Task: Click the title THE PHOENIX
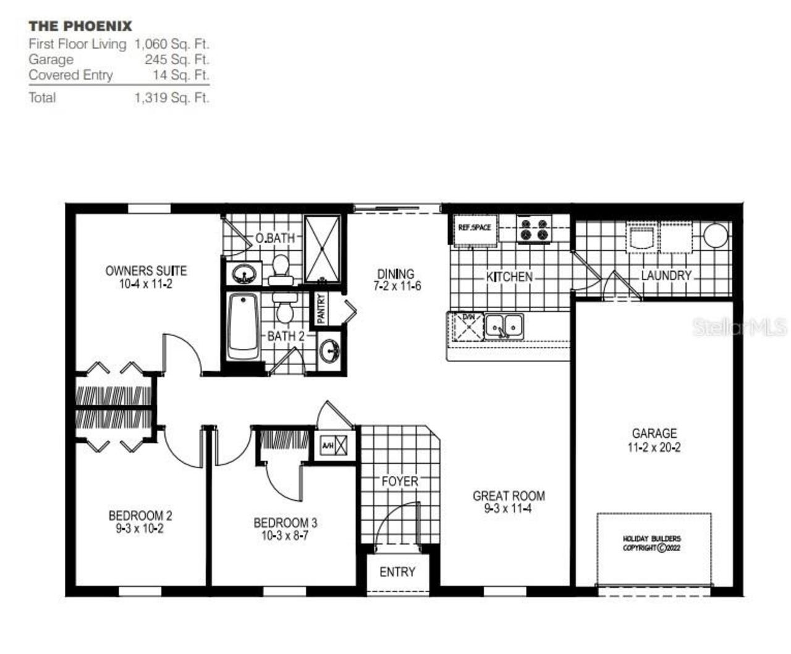coord(80,26)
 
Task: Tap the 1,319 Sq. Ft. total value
coord(171,98)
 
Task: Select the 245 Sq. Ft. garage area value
coord(177,60)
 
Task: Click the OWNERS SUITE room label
coord(146,270)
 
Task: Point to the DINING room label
coord(396,274)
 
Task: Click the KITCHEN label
coord(509,277)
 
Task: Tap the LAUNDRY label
coord(666,275)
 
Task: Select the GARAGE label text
coord(654,434)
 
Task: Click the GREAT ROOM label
coord(509,496)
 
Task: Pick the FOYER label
coord(400,481)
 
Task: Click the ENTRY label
coord(397,572)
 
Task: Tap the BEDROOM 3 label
coord(285,523)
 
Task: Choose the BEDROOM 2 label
coord(140,516)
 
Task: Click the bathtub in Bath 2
coord(243,327)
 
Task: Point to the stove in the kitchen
coord(534,230)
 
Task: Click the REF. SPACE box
coord(475,228)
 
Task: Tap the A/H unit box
coord(334,445)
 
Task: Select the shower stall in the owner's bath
coord(323,249)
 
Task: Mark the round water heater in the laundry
coord(716,235)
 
